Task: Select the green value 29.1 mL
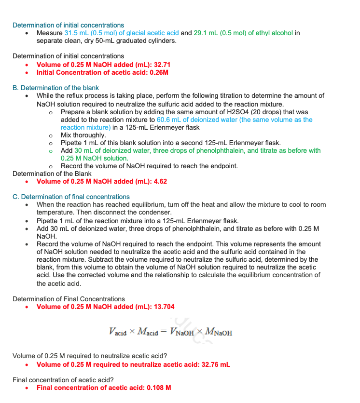206,33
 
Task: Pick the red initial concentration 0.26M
159,72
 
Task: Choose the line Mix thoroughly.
83,135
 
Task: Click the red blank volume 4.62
159,181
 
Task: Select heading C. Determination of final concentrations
71,197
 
